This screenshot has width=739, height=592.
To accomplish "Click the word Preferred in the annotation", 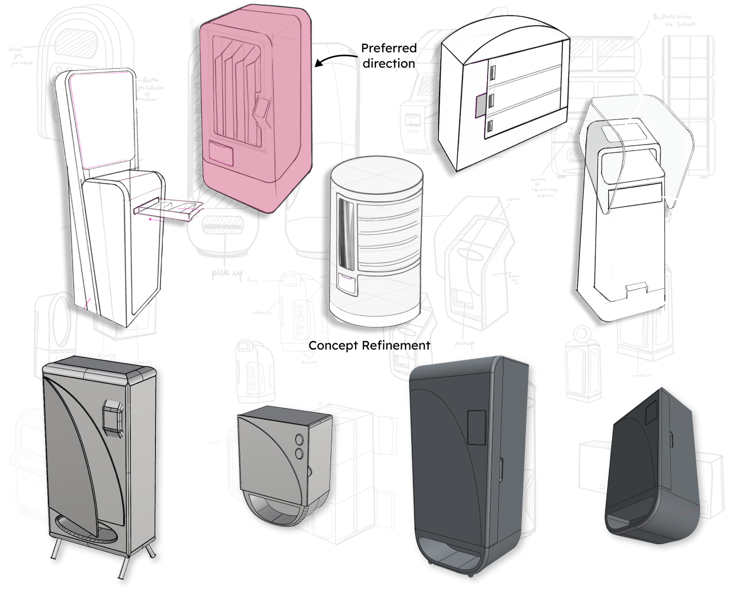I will click(388, 48).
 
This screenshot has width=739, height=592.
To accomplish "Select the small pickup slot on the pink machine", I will click(222, 153).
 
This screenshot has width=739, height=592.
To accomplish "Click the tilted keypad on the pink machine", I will click(261, 108).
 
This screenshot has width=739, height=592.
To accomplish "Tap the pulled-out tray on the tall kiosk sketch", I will click(167, 209).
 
